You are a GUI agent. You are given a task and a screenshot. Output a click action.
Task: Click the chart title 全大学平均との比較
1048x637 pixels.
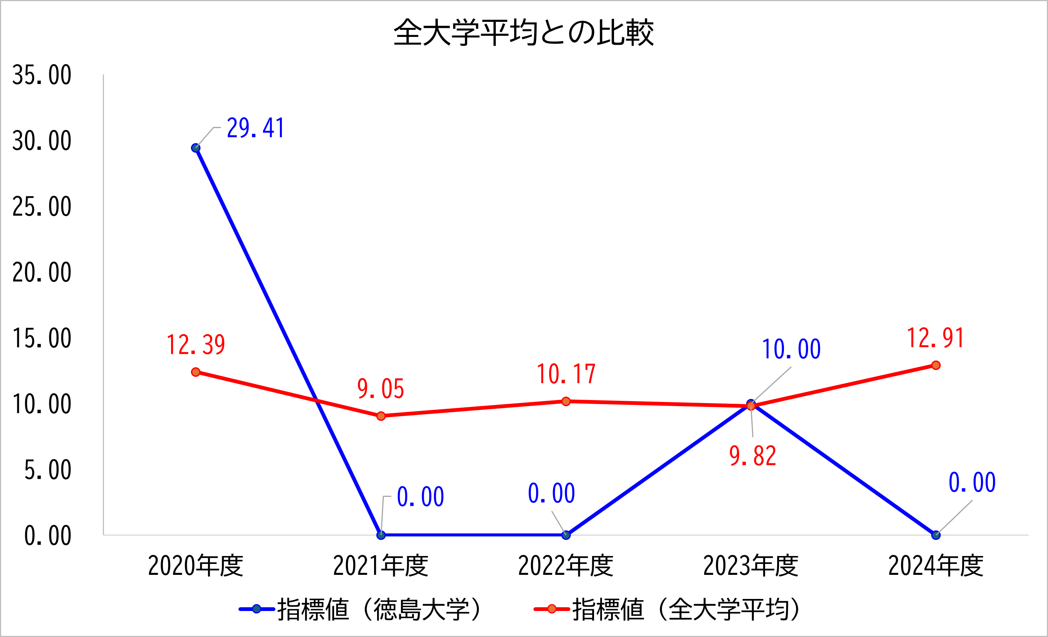524,33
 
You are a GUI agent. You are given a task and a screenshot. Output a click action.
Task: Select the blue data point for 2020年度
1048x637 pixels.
196,148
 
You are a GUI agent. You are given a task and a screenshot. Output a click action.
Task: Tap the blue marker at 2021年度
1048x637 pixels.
381,535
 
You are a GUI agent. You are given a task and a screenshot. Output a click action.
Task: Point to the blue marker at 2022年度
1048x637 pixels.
566,535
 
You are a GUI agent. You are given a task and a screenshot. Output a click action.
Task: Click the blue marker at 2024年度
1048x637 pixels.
936,535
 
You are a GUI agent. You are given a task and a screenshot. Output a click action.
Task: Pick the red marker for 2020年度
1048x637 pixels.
196,372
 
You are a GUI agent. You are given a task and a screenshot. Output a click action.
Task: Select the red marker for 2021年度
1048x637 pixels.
381,416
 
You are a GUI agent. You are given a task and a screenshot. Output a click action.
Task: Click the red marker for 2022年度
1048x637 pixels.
566,402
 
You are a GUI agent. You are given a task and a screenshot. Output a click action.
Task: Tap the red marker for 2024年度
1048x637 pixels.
936,365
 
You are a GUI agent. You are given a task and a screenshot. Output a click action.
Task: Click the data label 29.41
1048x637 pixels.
255,128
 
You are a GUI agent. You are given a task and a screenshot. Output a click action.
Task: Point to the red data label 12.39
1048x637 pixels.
196,345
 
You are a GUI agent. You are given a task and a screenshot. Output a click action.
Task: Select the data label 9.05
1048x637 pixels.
381,389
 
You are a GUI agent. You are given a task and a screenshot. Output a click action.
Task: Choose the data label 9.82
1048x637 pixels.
753,456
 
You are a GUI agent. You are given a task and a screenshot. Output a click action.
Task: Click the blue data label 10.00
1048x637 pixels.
791,350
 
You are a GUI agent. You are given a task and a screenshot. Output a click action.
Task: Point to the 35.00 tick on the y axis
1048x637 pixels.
42,75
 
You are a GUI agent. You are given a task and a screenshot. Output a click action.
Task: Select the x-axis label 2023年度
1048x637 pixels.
751,566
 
